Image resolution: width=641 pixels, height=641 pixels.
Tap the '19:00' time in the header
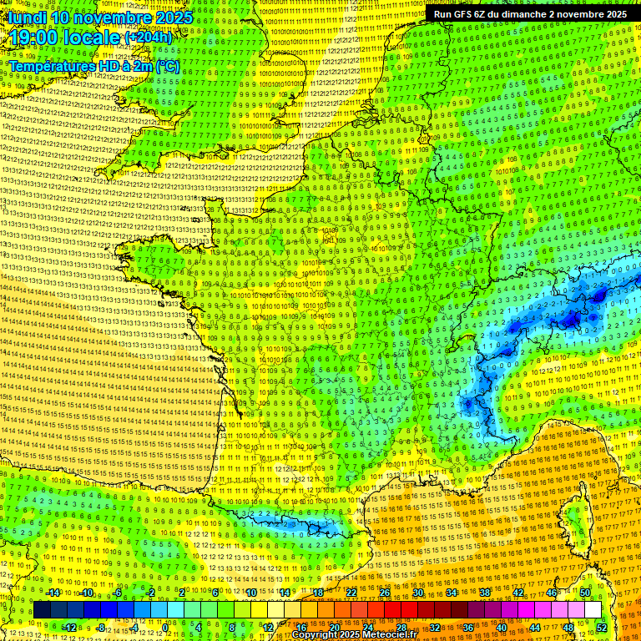coord(33,38)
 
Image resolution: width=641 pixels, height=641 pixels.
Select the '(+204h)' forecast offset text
coord(149,38)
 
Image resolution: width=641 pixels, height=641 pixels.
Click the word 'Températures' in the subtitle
coord(49,65)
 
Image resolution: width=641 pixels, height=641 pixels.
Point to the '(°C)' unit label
coord(168,65)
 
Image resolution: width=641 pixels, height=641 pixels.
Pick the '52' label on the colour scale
coord(601,627)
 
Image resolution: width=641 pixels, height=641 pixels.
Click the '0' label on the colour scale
coord(165,627)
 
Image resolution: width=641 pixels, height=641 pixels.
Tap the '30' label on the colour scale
coord(417,593)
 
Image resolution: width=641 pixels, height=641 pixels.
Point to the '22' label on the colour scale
coord(351,593)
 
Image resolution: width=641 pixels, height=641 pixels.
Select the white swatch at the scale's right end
coord(593,610)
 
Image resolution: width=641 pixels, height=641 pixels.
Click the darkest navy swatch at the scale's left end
coord(42,610)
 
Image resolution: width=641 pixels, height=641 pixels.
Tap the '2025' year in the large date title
coord(168,17)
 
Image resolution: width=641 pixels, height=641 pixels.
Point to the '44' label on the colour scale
coord(534,627)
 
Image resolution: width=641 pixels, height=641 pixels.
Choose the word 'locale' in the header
coord(94,38)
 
